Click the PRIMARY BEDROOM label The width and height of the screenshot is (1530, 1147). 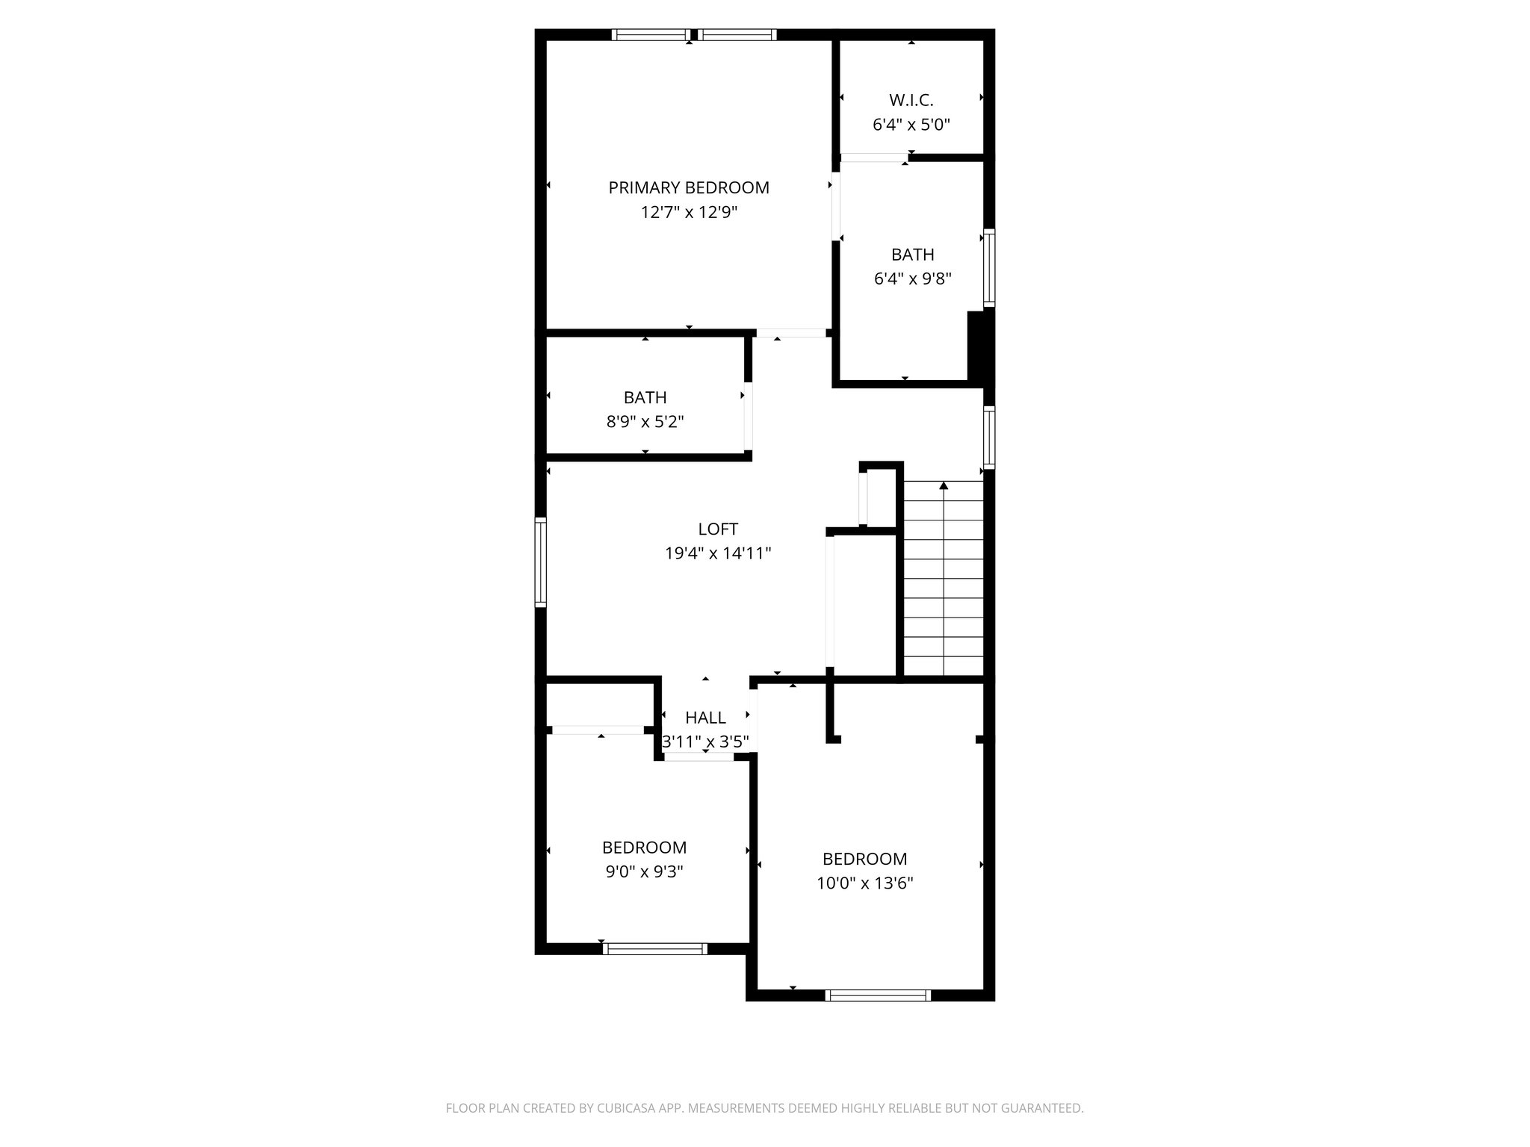click(x=688, y=187)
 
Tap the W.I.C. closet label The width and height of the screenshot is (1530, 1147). click(x=911, y=100)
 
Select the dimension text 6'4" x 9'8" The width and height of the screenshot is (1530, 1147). click(x=912, y=279)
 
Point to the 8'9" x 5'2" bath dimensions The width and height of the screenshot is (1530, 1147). click(x=645, y=422)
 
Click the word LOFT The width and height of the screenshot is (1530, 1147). click(x=717, y=529)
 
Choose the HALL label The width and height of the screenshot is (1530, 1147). click(x=705, y=718)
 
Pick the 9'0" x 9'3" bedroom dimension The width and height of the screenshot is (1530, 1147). click(x=644, y=871)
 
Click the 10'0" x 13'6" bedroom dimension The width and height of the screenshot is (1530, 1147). click(x=864, y=883)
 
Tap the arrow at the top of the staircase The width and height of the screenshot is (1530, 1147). click(x=944, y=486)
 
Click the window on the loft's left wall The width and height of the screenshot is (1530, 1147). click(x=540, y=562)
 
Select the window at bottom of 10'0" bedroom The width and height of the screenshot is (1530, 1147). click(x=878, y=995)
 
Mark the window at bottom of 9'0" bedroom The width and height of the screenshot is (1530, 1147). click(x=654, y=949)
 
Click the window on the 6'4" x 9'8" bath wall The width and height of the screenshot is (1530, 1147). click(x=988, y=268)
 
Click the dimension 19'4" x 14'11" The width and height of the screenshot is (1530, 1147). click(x=717, y=553)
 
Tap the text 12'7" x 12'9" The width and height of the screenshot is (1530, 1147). click(x=688, y=212)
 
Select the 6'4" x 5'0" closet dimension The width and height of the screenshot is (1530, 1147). click(x=911, y=125)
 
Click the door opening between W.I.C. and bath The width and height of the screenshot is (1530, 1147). click(x=873, y=158)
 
